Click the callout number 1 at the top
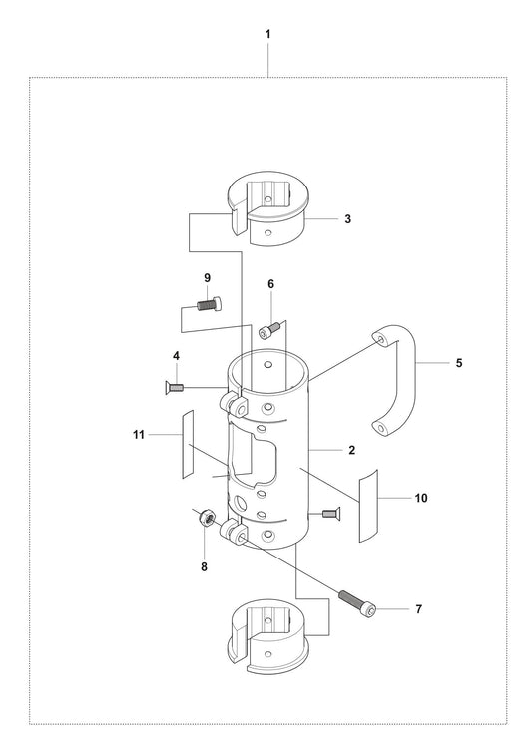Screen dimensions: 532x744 pyautogui.click(x=267, y=34)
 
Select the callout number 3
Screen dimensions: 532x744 pyautogui.click(x=348, y=219)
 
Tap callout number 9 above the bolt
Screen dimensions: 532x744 pyautogui.click(x=207, y=278)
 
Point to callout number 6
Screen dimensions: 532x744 pyautogui.click(x=271, y=284)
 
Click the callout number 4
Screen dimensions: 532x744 pyautogui.click(x=177, y=356)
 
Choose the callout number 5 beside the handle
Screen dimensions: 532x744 pyautogui.click(x=459, y=363)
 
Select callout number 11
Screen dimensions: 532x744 pyautogui.click(x=139, y=434)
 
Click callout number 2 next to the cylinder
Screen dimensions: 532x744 pyautogui.click(x=352, y=450)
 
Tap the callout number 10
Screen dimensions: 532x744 pyautogui.click(x=421, y=498)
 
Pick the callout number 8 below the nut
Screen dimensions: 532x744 pyautogui.click(x=205, y=567)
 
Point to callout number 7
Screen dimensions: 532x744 pyautogui.click(x=418, y=609)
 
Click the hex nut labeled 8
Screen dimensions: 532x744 pyautogui.click(x=207, y=516)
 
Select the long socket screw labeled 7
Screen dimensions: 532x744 pyautogui.click(x=357, y=600)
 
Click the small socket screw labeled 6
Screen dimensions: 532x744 pyautogui.click(x=269, y=330)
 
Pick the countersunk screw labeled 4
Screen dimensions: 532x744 pyautogui.click(x=174, y=388)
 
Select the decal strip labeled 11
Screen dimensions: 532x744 pyautogui.click(x=188, y=444)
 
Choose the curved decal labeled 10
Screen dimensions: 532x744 pyautogui.click(x=368, y=506)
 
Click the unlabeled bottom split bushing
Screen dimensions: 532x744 pyautogui.click(x=268, y=637)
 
